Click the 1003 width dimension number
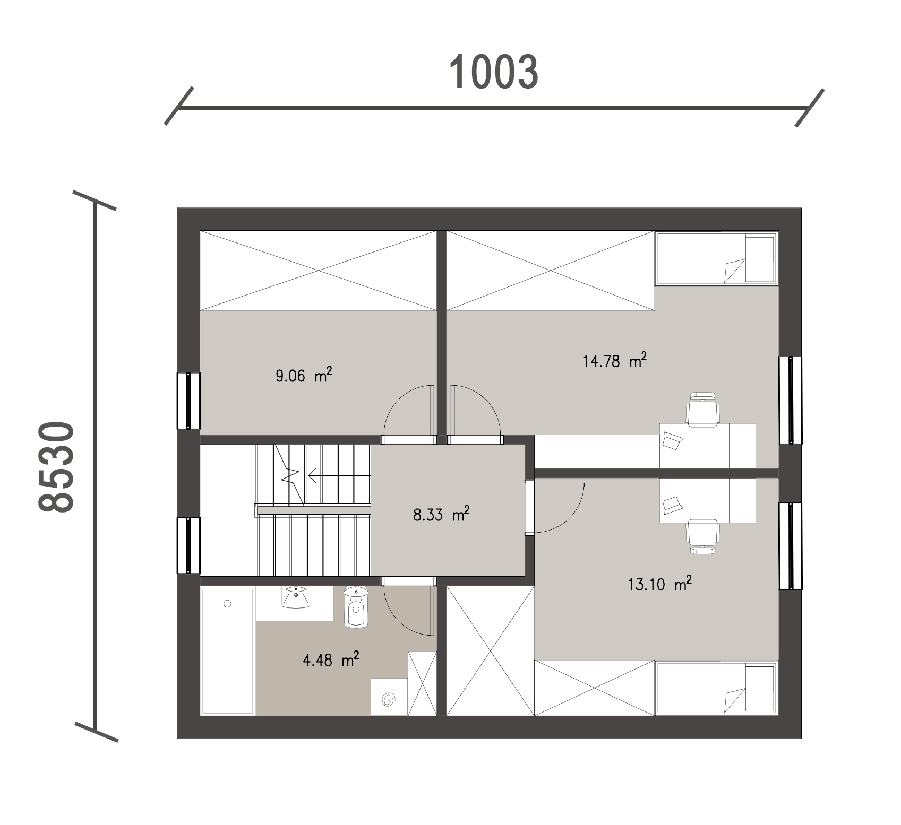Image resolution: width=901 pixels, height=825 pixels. (494, 72)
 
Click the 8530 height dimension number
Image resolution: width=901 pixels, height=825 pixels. (56, 467)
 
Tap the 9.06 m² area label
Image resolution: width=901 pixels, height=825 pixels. (304, 376)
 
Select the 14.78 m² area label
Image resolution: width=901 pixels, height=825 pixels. (615, 361)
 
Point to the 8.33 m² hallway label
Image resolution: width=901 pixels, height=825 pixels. (441, 514)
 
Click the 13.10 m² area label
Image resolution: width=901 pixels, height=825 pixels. (660, 585)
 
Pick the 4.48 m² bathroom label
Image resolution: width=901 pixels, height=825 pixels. (330, 660)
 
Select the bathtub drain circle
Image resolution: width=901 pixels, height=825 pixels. (228, 604)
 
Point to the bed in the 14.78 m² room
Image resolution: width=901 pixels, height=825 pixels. (716, 258)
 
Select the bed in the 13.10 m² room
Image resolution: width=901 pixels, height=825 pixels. (716, 688)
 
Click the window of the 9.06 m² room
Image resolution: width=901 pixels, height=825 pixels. (188, 401)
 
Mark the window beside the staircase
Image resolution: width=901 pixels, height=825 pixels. (188, 545)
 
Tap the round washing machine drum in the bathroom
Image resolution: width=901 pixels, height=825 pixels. (389, 700)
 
